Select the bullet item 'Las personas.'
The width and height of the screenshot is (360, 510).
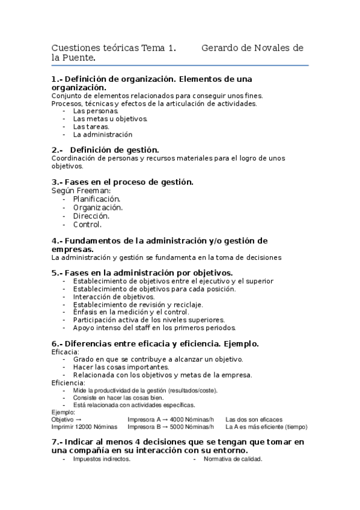coord(96,111)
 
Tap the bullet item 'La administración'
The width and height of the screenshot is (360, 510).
coord(103,135)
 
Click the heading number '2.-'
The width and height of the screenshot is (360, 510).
coord(58,149)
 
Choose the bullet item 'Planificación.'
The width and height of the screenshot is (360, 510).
coord(97,199)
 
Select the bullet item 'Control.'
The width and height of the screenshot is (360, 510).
coord(88,224)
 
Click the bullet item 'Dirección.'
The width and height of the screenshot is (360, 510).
coord(91,216)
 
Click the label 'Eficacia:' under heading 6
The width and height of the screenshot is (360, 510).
coord(66,351)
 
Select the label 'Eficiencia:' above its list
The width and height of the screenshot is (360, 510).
coord(69,382)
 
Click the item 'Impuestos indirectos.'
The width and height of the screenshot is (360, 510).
coord(102,459)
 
